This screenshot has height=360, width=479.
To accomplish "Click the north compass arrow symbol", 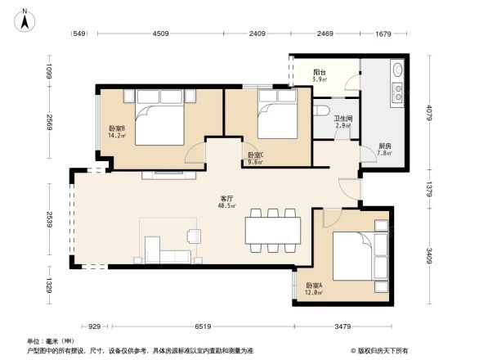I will coord(26,18).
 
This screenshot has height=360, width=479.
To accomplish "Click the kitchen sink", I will coord(398,83).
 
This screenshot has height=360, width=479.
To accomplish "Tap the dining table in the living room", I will coord(272,229).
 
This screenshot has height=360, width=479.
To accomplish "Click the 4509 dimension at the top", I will coord(159,34).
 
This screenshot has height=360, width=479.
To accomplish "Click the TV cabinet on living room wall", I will coord(168,173).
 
